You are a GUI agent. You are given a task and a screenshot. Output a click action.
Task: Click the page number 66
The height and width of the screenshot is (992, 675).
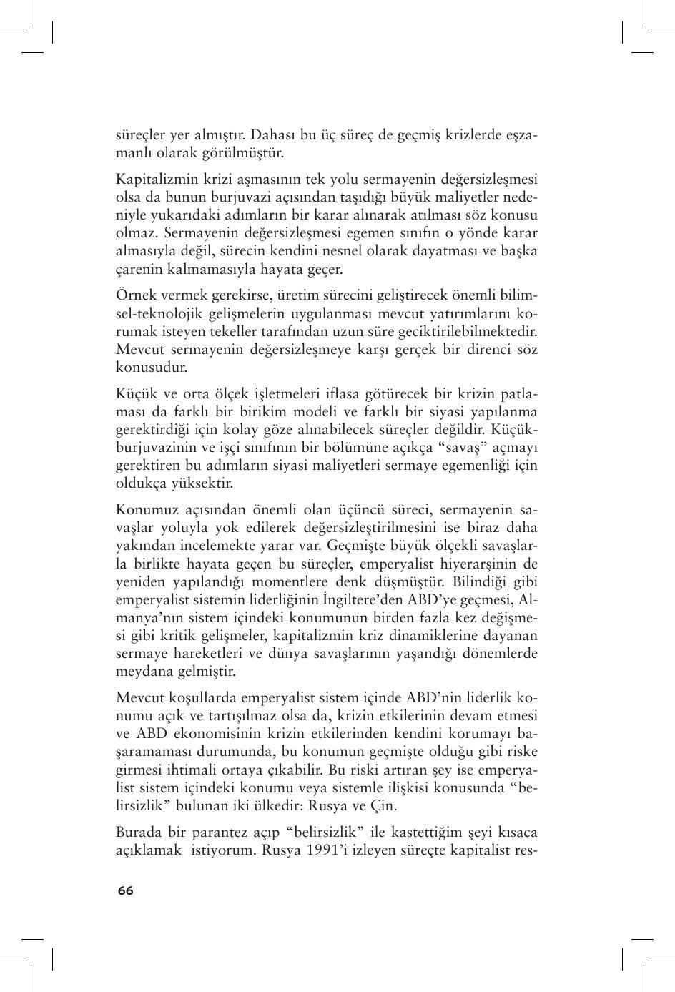point(125,890)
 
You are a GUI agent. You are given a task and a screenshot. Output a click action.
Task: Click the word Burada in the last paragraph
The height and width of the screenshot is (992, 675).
point(138,833)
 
